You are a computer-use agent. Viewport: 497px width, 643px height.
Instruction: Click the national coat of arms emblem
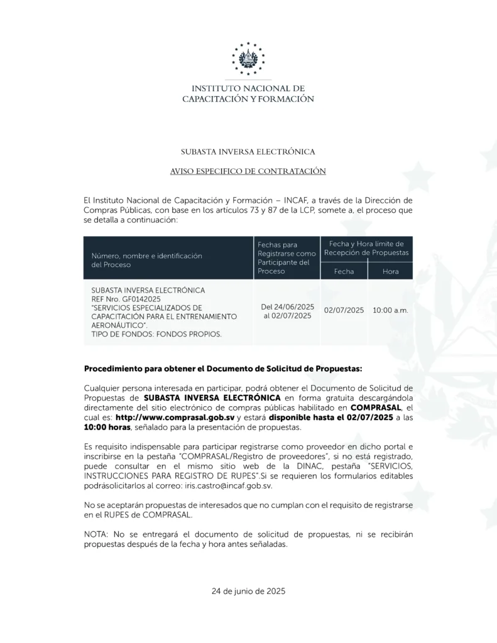(248, 59)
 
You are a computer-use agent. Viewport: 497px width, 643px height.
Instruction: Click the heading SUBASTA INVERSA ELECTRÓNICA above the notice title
(248, 152)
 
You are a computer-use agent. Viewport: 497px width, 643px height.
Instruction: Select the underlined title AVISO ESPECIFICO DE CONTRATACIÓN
(248, 171)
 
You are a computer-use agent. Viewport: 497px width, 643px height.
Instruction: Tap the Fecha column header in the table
(344, 271)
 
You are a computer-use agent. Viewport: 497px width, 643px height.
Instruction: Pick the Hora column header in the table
(390, 271)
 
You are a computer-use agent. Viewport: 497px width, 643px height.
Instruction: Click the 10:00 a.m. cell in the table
(390, 311)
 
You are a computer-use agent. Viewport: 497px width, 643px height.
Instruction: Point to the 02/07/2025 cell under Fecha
(344, 311)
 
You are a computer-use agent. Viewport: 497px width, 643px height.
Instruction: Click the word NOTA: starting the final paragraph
(96, 534)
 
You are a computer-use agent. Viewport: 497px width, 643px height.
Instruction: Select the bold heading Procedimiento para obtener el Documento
(223, 368)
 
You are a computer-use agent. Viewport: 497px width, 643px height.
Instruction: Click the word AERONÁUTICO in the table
(114, 325)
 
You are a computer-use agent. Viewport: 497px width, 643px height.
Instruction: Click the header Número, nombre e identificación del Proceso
(146, 260)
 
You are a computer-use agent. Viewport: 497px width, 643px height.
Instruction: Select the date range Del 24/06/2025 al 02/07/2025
(287, 311)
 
